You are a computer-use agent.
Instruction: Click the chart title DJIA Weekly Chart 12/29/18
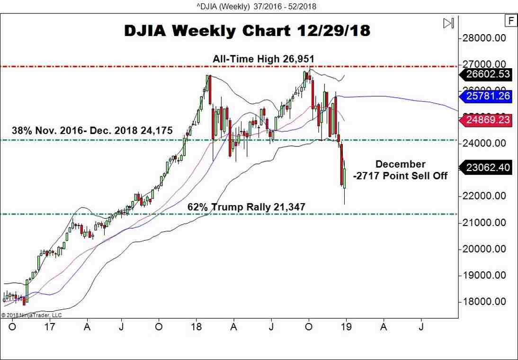pyautogui.click(x=247, y=30)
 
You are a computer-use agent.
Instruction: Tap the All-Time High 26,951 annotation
pyautogui.click(x=263, y=59)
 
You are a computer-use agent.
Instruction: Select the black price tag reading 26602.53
pyautogui.click(x=487, y=74)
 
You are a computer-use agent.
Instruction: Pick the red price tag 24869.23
pyautogui.click(x=487, y=120)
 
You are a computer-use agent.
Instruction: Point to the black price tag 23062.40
pyautogui.click(x=487, y=167)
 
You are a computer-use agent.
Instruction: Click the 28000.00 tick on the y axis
pyautogui.click(x=487, y=38)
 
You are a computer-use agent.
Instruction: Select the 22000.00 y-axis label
pyautogui.click(x=487, y=196)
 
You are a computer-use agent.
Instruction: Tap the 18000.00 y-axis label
pyautogui.click(x=487, y=302)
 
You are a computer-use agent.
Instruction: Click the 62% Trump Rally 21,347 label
pyautogui.click(x=246, y=207)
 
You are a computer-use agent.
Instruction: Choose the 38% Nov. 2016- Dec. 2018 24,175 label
pyautogui.click(x=92, y=130)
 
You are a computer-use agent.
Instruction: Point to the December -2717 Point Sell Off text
pyautogui.click(x=400, y=170)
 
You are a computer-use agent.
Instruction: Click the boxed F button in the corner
pyautogui.click(x=511, y=20)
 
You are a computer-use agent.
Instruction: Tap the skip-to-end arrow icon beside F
pyautogui.click(x=448, y=23)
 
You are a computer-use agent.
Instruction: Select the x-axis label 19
pyautogui.click(x=346, y=327)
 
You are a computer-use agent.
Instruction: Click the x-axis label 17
pyautogui.click(x=50, y=327)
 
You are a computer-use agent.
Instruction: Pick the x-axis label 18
pyautogui.click(x=196, y=327)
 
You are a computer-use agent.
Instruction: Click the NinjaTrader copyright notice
pyautogui.click(x=31, y=315)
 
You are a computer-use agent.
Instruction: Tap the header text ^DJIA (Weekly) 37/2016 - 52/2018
pyautogui.click(x=259, y=6)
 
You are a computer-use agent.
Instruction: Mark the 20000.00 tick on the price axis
pyautogui.click(x=487, y=249)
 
